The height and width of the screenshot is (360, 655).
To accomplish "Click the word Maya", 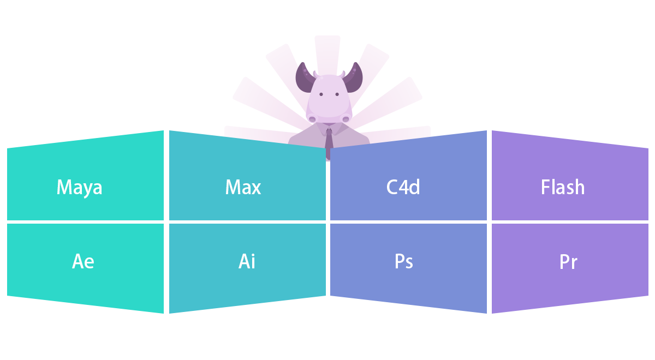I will (x=79, y=188).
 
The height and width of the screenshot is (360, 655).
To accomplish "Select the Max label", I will (x=243, y=188).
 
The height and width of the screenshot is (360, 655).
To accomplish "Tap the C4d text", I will (x=403, y=188).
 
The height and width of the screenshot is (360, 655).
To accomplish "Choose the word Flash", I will (x=563, y=188).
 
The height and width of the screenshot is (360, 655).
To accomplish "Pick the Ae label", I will (x=83, y=262).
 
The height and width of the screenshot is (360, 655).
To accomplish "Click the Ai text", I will (x=247, y=262).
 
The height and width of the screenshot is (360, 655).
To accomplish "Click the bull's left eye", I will (x=321, y=94).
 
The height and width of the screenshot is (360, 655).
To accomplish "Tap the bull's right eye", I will (x=337, y=94).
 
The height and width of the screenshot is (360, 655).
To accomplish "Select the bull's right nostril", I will (x=346, y=119).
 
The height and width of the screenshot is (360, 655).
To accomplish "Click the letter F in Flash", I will (x=545, y=188).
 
